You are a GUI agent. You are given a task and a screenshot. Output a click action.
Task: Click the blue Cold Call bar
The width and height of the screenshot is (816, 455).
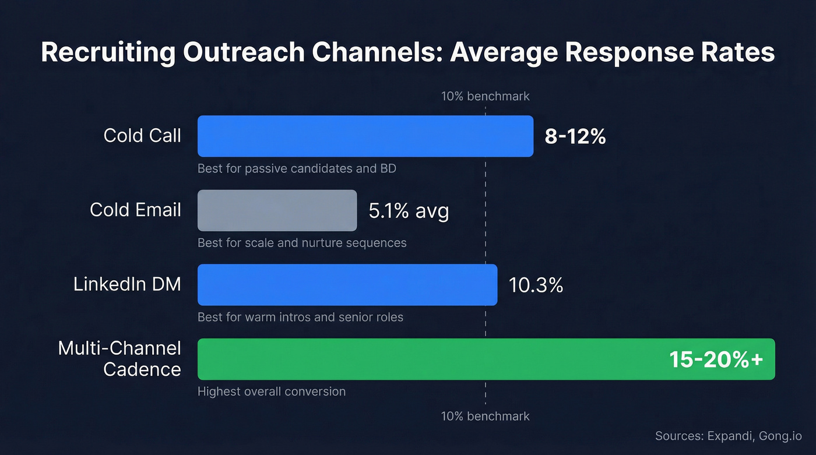(365, 136)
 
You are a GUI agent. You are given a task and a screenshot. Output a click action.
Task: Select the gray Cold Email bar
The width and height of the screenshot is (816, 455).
(277, 210)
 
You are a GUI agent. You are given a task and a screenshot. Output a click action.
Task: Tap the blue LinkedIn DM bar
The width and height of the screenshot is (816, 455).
(347, 285)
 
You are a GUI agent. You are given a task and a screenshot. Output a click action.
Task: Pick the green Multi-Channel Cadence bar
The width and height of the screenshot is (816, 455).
(431, 359)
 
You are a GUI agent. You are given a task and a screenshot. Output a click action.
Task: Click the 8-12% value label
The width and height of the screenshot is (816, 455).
(575, 136)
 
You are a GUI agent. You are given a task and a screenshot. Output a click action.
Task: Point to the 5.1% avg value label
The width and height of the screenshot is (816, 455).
(409, 210)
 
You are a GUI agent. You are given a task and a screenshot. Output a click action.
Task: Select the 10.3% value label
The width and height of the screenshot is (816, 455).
(536, 285)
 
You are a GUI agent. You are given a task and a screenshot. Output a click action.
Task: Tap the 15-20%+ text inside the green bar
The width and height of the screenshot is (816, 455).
(716, 359)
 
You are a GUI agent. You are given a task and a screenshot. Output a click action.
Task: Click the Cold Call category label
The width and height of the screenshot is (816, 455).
(142, 136)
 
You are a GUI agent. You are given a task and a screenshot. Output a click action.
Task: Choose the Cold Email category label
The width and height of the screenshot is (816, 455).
(135, 210)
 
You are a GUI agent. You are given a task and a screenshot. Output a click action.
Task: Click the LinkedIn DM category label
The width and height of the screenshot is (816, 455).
(127, 284)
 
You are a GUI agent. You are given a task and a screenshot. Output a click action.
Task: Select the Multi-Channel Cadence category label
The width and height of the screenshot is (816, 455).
(120, 359)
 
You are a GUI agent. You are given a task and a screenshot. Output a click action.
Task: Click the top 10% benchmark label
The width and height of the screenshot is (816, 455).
(485, 96)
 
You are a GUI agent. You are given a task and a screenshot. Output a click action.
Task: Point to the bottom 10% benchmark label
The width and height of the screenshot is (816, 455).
(485, 417)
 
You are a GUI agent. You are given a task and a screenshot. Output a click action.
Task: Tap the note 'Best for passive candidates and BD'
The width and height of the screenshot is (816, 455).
(297, 169)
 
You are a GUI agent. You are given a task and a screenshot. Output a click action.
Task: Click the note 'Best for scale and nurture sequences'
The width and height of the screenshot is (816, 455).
(302, 242)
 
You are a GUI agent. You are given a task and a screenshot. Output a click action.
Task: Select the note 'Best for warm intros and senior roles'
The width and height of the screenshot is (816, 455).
(300, 317)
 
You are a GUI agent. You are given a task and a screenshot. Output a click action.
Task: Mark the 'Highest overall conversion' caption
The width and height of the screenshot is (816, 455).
(272, 391)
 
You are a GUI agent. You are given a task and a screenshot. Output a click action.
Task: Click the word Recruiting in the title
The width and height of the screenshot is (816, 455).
(108, 52)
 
